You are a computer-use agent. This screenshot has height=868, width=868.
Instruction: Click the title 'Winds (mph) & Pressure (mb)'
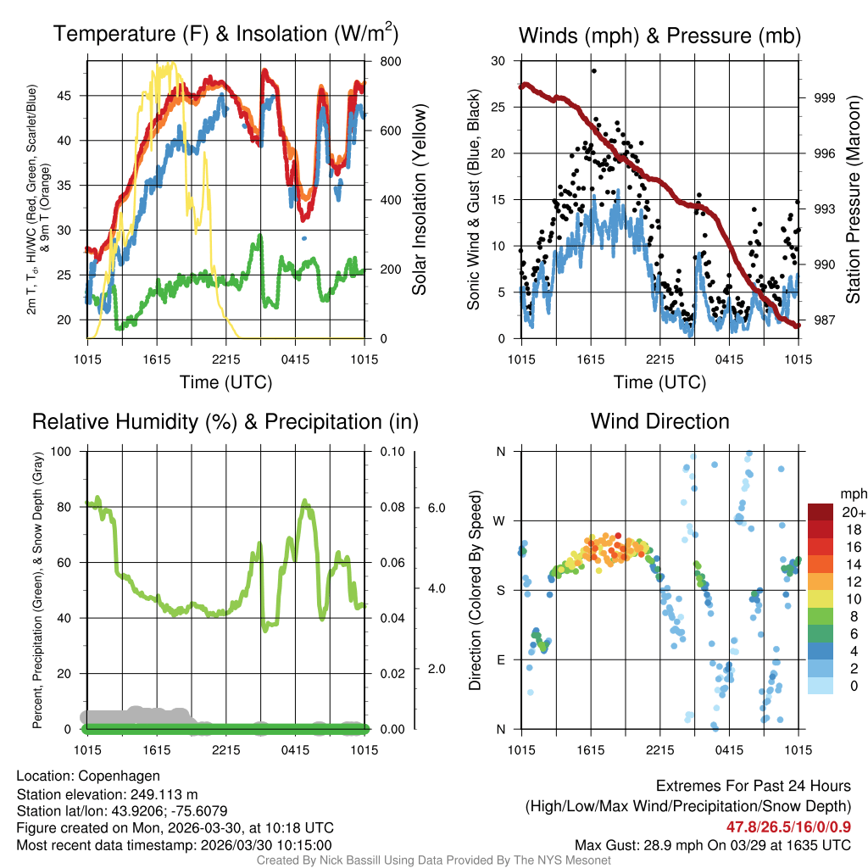(x=659, y=36)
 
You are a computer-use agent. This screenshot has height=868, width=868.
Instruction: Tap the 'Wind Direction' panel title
(x=659, y=421)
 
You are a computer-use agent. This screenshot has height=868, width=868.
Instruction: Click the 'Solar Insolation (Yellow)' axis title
(x=419, y=200)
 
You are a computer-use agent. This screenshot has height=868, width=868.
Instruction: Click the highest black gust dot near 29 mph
(x=594, y=71)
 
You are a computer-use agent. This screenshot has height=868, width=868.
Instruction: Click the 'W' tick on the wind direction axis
(x=500, y=520)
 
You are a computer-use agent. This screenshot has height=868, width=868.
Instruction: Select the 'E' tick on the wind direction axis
(x=500, y=659)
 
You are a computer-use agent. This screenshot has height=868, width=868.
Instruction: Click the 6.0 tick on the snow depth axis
(x=436, y=507)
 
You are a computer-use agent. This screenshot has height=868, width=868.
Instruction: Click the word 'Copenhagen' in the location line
(x=119, y=776)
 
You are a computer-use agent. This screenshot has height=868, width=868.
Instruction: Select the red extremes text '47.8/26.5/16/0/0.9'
(x=788, y=826)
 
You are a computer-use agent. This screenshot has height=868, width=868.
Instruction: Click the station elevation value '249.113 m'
(x=164, y=794)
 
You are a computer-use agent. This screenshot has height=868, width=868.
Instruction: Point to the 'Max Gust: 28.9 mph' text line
(x=712, y=844)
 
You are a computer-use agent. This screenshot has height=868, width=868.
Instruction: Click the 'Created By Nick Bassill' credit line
(x=433, y=860)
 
